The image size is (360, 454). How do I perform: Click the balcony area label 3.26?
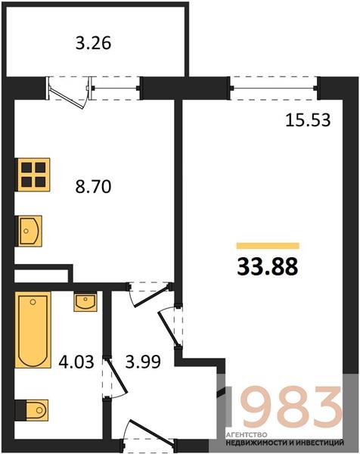93,43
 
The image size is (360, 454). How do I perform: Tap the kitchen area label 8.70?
93,186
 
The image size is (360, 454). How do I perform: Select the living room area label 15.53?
308,120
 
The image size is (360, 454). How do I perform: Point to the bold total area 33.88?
268,267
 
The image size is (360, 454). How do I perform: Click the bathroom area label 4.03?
76,362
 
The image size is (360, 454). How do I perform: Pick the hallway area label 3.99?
143,362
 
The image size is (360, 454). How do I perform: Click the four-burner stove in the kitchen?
33,175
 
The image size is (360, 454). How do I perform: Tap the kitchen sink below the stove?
28,231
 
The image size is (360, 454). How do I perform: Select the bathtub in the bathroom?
33,330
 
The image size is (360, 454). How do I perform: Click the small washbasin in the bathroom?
85,301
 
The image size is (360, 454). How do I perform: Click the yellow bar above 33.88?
268,246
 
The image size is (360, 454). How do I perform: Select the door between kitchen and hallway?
149,294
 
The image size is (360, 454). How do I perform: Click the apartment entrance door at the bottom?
150,432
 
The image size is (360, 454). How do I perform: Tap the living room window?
274,88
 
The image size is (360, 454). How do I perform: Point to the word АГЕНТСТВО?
247,435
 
